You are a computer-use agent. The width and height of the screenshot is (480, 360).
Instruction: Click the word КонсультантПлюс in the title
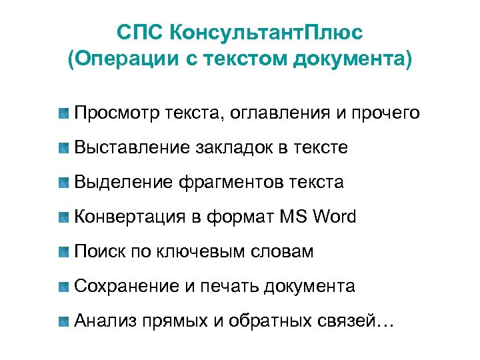(267, 31)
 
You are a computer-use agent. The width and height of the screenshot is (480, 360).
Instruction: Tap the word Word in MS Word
(333, 217)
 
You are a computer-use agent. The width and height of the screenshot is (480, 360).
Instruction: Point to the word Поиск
(98, 251)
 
